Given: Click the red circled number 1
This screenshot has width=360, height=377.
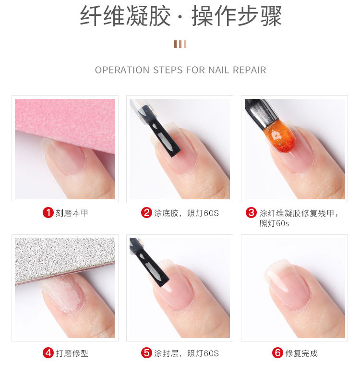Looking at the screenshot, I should pyautogui.click(x=48, y=212).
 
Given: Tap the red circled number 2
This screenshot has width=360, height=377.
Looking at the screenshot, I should pyautogui.click(x=146, y=212).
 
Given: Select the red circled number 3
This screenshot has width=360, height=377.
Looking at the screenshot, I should pyautogui.click(x=251, y=212).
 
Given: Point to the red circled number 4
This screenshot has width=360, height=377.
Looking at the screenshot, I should pyautogui.click(x=48, y=353).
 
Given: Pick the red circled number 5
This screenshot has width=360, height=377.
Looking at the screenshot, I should pyautogui.click(x=146, y=353).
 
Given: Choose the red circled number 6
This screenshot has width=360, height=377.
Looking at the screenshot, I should pyautogui.click(x=277, y=353).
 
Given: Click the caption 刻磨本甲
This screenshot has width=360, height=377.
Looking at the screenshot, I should pyautogui.click(x=72, y=212).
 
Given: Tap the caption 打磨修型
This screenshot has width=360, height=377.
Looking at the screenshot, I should pyautogui.click(x=72, y=353).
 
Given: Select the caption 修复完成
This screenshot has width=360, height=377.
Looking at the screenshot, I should pyautogui.click(x=301, y=353).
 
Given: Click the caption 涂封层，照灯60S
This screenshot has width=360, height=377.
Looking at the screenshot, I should pyautogui.click(x=186, y=353).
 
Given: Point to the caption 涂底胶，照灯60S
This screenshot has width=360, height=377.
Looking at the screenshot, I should pyautogui.click(x=186, y=212).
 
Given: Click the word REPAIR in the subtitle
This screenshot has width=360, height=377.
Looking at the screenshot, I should pyautogui.click(x=249, y=70).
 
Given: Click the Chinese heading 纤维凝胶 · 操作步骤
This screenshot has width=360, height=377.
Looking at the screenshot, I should pyautogui.click(x=180, y=17).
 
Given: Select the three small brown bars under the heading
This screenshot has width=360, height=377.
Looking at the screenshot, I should pyautogui.click(x=180, y=44).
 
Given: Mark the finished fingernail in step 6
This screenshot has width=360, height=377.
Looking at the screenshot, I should pyautogui.click(x=286, y=283).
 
